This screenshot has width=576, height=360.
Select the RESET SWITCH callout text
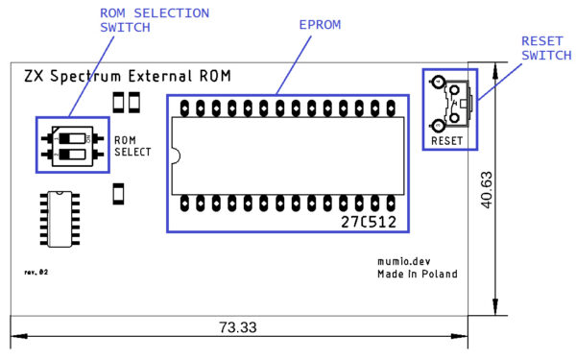(542, 48)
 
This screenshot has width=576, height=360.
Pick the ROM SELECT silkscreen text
(132, 146)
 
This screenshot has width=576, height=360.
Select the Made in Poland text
(417, 275)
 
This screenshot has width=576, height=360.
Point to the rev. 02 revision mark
(36, 273)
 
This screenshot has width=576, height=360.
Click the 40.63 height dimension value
(487, 189)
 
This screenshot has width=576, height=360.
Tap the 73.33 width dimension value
(236, 327)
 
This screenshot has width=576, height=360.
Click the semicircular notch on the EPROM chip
(175, 154)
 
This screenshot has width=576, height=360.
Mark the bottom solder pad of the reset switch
(438, 125)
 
